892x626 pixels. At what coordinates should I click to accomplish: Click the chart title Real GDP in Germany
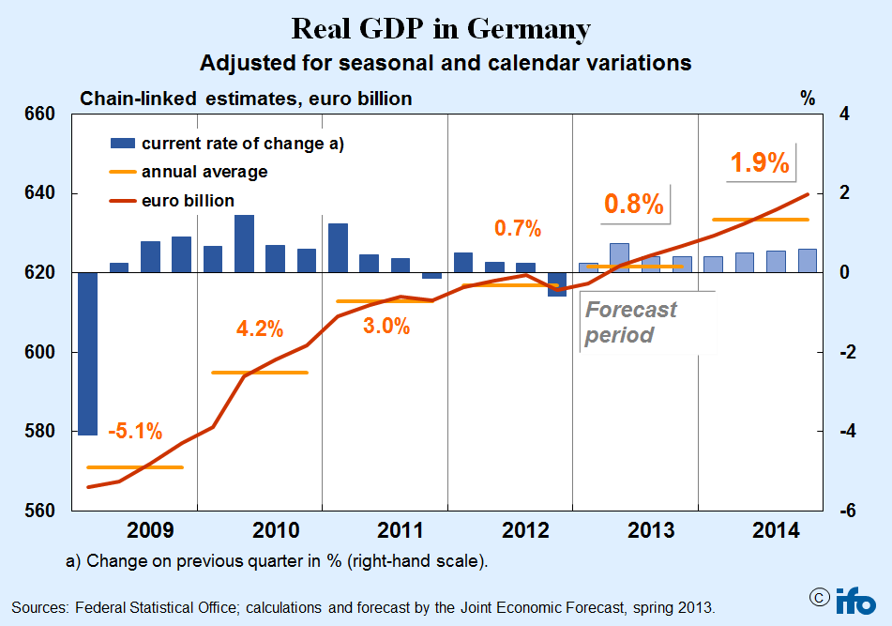441,28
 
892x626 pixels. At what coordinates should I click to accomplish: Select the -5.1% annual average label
134,433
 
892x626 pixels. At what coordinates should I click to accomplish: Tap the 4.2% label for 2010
260,330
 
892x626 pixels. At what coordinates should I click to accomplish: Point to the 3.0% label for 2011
386,326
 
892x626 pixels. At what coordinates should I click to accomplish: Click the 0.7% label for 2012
518,228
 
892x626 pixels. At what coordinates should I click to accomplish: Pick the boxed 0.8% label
633,204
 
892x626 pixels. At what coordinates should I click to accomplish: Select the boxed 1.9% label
760,162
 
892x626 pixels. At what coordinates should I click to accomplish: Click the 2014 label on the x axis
778,531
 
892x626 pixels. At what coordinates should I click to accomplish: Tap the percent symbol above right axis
808,98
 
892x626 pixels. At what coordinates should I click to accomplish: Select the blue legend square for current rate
122,144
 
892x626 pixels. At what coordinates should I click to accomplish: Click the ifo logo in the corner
855,600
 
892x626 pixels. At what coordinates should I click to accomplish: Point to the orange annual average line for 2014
760,220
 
